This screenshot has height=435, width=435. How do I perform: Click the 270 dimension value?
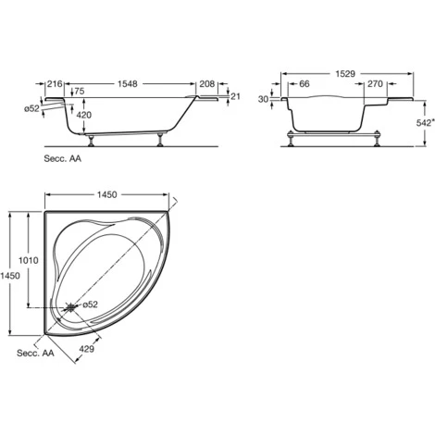click(375, 84)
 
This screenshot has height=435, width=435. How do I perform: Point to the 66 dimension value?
click(304, 84)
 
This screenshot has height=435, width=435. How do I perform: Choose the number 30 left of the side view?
click(264, 99)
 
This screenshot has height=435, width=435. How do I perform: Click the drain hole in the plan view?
click(72, 306)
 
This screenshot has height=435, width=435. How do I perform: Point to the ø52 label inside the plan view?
click(91, 304)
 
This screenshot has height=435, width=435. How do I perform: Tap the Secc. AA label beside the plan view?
click(34, 354)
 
